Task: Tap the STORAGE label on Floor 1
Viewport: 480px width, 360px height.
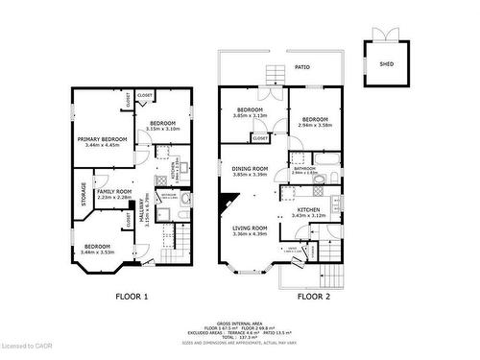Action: [x=84, y=195]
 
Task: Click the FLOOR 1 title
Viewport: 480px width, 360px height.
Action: [x=132, y=297]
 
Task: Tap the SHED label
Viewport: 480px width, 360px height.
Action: [x=387, y=64]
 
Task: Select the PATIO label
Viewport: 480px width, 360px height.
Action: [x=300, y=68]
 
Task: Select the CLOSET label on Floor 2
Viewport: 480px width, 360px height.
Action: [x=260, y=138]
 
